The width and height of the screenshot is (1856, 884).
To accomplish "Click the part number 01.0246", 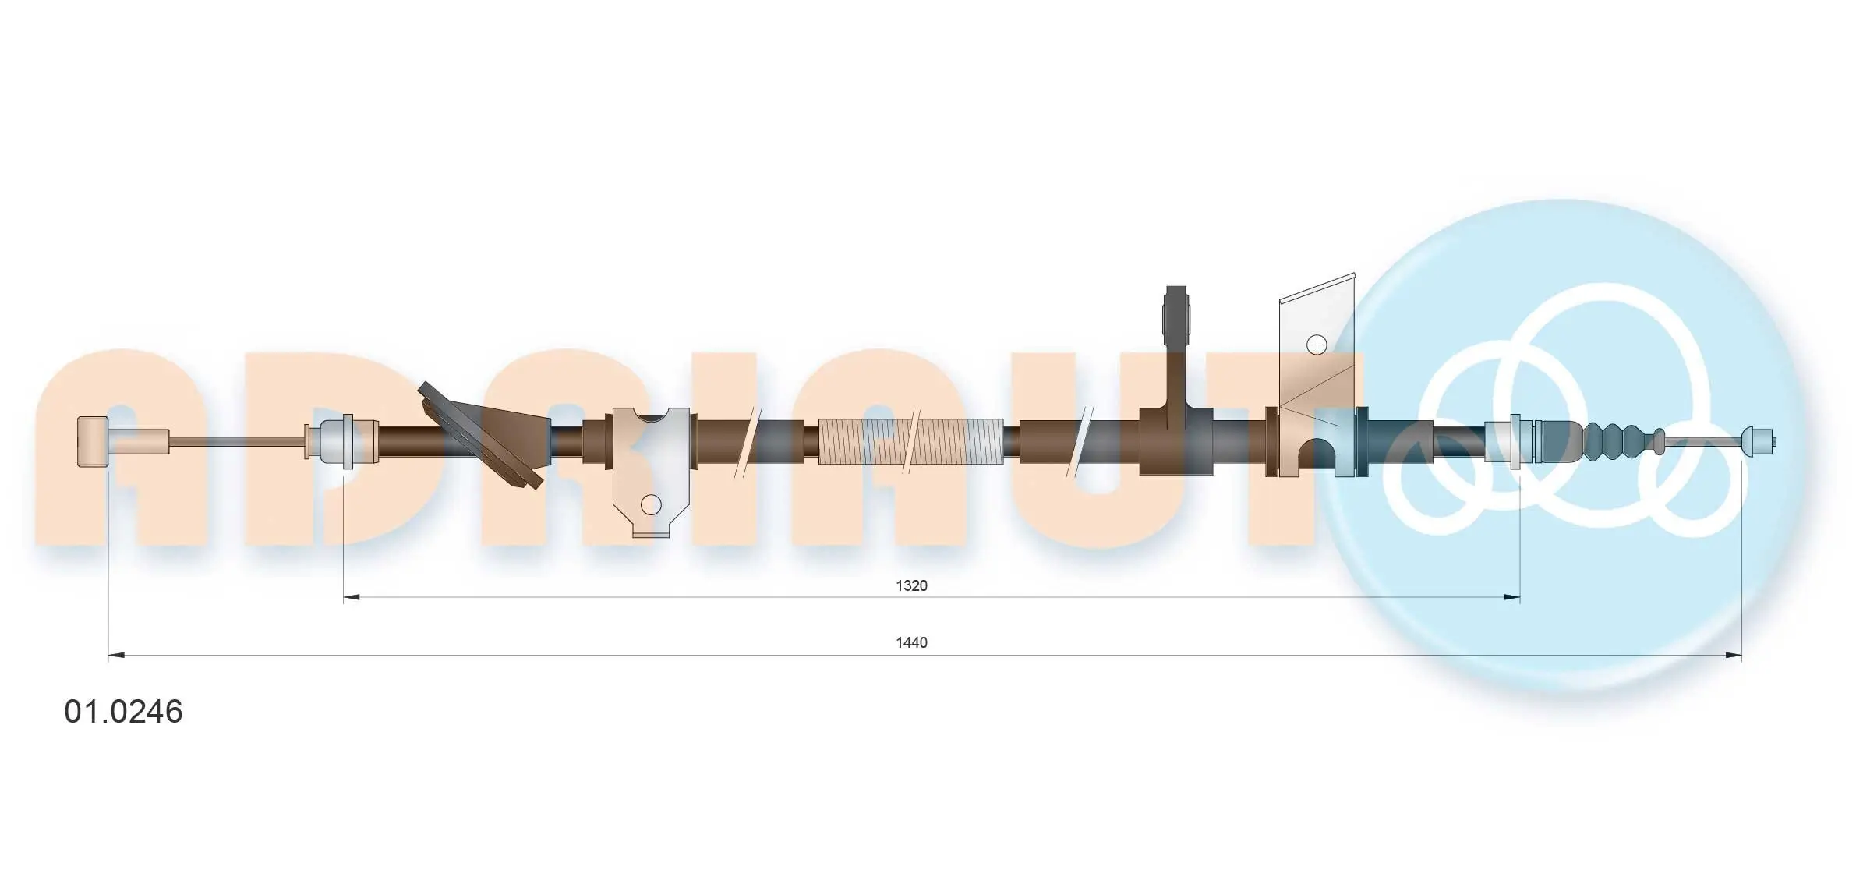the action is tap(123, 712).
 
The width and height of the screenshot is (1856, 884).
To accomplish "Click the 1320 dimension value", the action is tap(911, 585).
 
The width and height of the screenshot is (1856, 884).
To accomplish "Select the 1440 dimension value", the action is tap(911, 642).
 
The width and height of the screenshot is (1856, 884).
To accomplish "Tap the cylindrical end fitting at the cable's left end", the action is tap(93, 442).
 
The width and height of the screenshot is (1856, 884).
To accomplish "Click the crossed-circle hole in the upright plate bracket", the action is tap(1317, 345).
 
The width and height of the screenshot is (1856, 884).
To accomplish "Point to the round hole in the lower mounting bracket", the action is tap(651, 505).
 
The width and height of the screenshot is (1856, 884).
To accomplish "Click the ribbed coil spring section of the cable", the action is tap(911, 441).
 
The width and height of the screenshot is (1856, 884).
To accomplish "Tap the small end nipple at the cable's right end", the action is tap(1759, 442).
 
